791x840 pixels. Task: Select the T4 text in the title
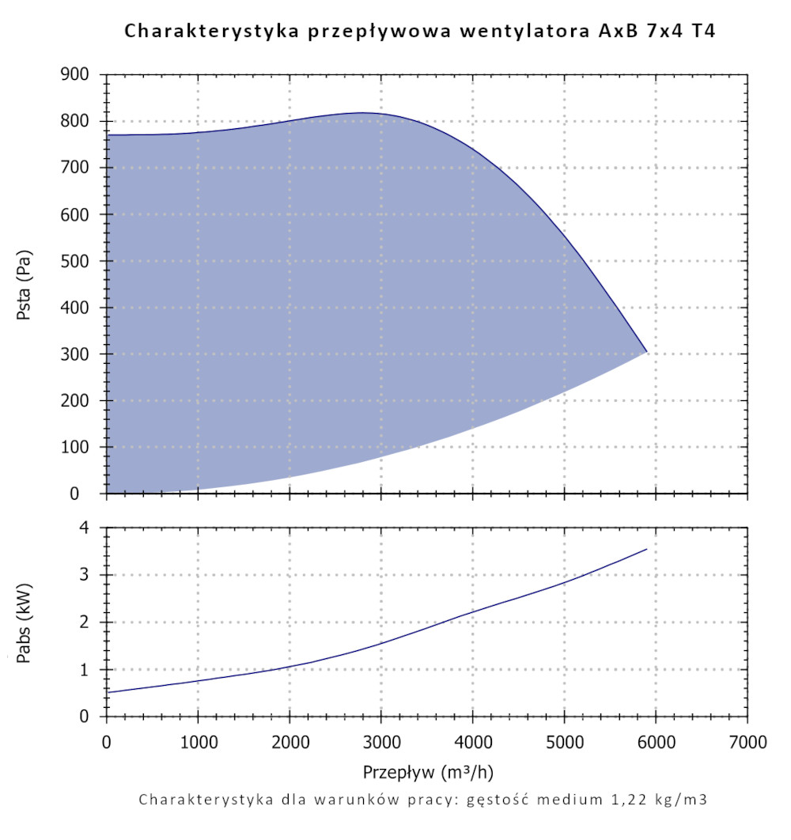pyautogui.click(x=703, y=32)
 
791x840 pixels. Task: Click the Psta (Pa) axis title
pyautogui.click(x=24, y=284)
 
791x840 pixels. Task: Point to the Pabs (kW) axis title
pyautogui.click(x=24, y=622)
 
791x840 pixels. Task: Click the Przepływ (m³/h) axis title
pyautogui.click(x=428, y=771)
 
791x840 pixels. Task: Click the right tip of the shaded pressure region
pyautogui.click(x=646, y=351)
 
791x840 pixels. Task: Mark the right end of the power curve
pyautogui.click(x=646, y=549)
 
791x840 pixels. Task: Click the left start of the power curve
pyautogui.click(x=108, y=692)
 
